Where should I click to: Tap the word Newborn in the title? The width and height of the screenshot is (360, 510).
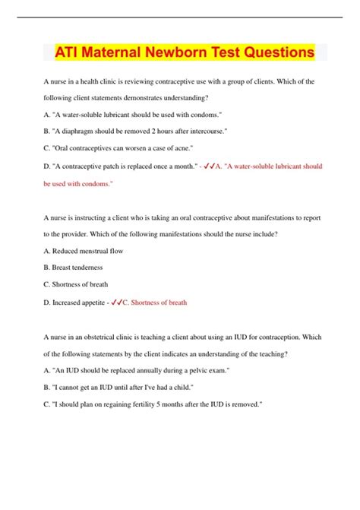click(200, 54)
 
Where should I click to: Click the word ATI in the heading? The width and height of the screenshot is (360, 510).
click(69, 54)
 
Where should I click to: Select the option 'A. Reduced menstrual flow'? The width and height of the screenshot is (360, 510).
click(84, 251)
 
